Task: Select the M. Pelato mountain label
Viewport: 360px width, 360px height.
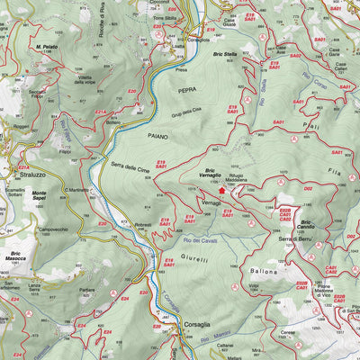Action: pos(47,46)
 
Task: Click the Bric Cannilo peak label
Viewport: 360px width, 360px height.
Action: pos(309,224)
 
